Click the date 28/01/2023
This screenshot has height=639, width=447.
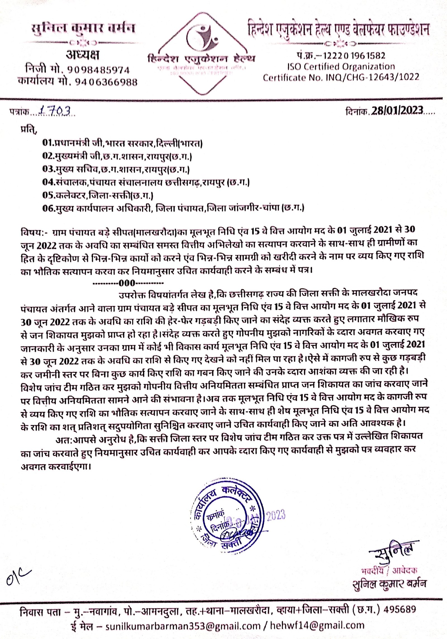coord(397,110)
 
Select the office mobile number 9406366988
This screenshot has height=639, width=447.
coord(106,82)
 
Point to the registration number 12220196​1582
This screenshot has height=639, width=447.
coord(354,56)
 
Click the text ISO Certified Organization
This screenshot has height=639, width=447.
coord(341,67)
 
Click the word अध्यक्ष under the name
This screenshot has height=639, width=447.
coord(82,55)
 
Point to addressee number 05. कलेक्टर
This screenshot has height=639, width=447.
coord(98,195)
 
